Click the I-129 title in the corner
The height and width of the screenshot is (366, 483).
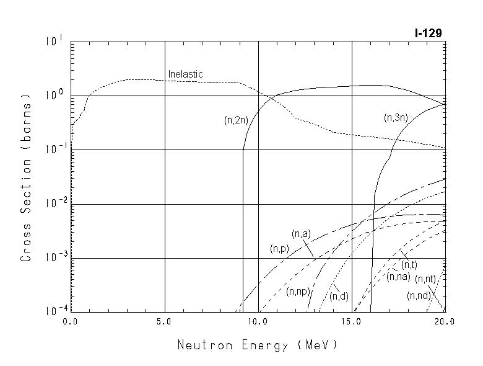[x=428, y=33]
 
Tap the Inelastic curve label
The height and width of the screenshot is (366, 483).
[x=185, y=74]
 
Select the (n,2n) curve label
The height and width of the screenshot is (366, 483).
[x=236, y=121]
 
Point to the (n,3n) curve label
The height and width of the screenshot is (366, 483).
[x=396, y=118]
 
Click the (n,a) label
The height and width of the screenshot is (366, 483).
[x=301, y=234]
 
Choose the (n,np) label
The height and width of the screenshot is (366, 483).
[x=298, y=292]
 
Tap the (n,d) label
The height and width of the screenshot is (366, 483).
[x=339, y=297]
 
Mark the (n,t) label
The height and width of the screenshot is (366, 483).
[x=409, y=266]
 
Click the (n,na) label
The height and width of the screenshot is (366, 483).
[x=398, y=277]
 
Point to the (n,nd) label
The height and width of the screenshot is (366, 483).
[x=419, y=296]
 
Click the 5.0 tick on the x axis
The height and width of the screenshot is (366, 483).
[x=165, y=322]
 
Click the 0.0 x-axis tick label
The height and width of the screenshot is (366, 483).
[x=71, y=322]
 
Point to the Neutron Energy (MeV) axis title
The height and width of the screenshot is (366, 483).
[x=257, y=345]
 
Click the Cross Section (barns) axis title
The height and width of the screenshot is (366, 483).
[x=26, y=178]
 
